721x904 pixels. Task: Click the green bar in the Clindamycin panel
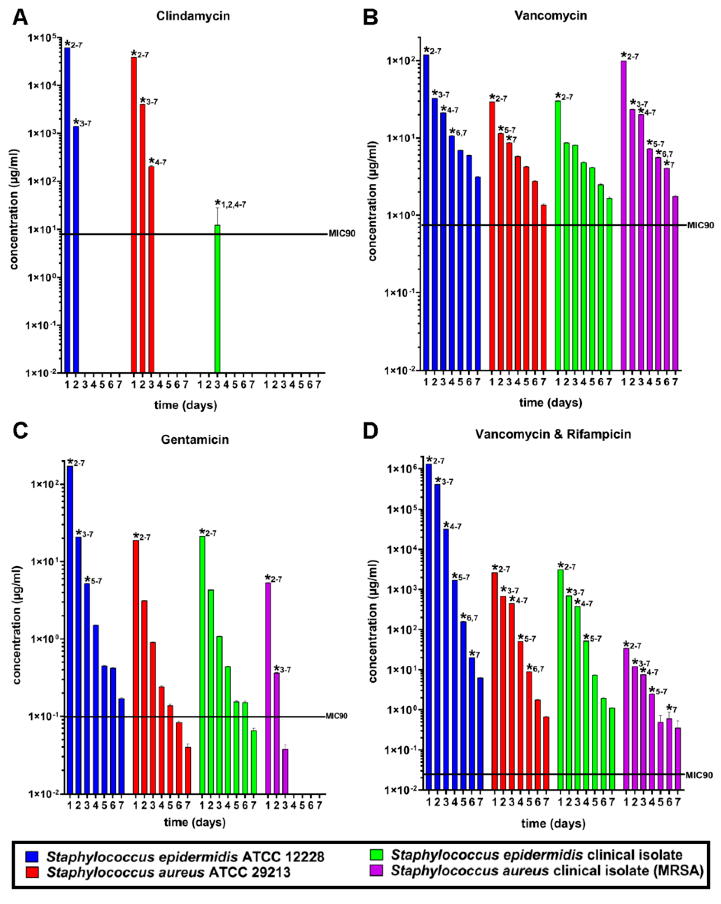pyautogui.click(x=217, y=298)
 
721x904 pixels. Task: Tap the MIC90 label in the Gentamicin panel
pyautogui.click(x=336, y=716)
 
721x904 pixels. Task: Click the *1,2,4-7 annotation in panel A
pyautogui.click(x=230, y=204)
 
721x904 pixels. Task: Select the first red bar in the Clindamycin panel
pyautogui.click(x=134, y=215)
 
